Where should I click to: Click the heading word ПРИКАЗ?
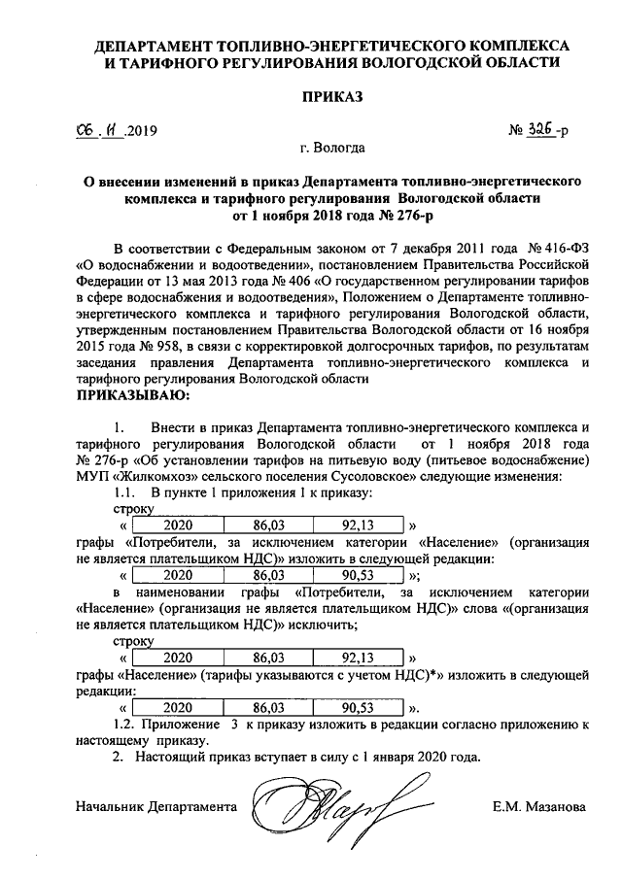pos(332,96)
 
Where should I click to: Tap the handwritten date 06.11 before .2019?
pos(100,130)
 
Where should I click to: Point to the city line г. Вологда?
pos(332,149)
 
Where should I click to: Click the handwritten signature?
pos(320,804)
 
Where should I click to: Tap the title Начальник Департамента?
pos(155,806)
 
